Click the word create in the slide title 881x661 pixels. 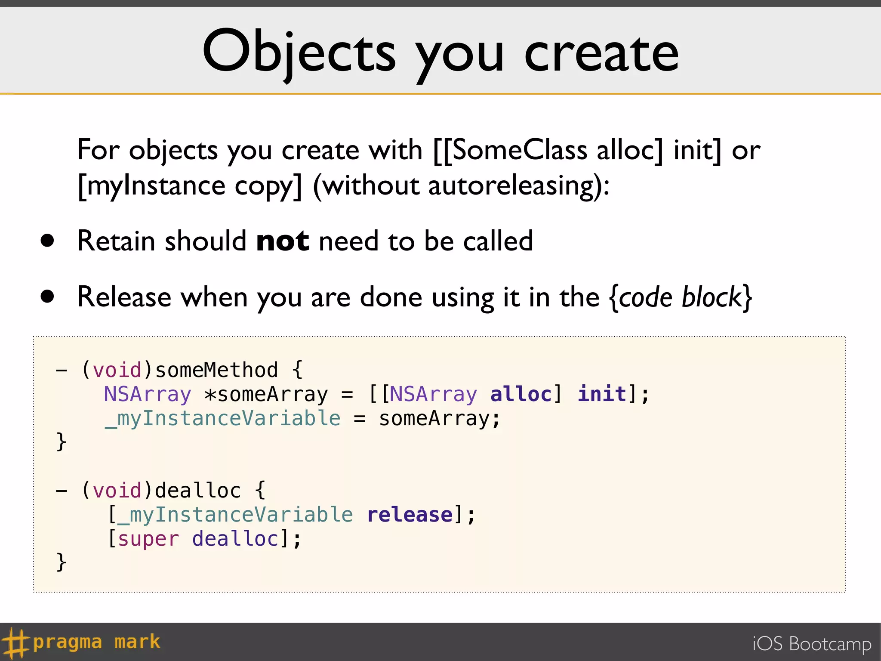pyautogui.click(x=601, y=54)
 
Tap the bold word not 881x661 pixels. pyautogui.click(x=282, y=241)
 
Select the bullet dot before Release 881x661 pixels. pyautogui.click(x=47, y=297)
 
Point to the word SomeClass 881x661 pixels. pyautogui.click(x=520, y=150)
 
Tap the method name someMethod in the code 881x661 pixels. pyautogui.click(x=216, y=370)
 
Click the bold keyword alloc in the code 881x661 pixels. pyautogui.click(x=521, y=394)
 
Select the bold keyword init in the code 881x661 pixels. pyautogui.click(x=601, y=394)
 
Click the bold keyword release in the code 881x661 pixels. pyautogui.click(x=410, y=515)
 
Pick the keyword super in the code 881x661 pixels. pyautogui.click(x=148, y=539)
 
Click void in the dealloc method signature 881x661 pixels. pyautogui.click(x=117, y=491)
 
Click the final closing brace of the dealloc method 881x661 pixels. pyautogui.click(x=62, y=562)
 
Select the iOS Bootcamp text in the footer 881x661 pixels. pyautogui.click(x=812, y=644)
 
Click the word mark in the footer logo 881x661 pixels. pyautogui.click(x=137, y=642)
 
